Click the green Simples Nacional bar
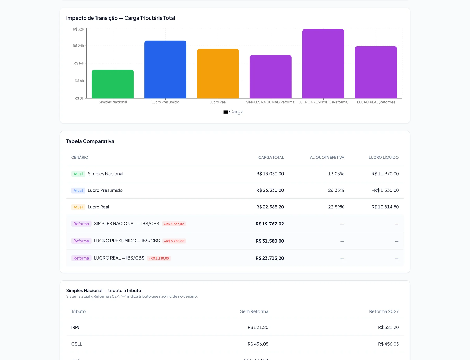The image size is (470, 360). click(113, 84)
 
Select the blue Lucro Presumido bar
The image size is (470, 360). click(165, 69)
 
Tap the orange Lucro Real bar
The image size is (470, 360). click(218, 74)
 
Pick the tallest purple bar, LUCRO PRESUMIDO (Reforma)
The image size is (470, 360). click(323, 64)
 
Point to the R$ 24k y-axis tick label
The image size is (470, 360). click(78, 46)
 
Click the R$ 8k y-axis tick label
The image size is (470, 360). click(79, 81)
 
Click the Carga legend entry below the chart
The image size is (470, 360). click(233, 112)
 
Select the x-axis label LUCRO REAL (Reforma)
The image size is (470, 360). click(376, 102)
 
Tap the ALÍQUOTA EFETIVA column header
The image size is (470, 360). click(327, 157)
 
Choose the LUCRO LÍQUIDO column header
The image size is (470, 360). click(384, 157)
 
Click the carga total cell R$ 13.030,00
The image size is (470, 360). click(270, 174)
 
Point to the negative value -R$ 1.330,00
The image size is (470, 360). click(385, 190)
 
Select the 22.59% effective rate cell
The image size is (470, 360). click(336, 207)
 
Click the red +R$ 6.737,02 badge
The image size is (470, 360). click(174, 224)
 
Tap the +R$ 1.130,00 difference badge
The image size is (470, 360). click(159, 258)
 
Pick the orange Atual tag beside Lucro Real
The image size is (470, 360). click(78, 207)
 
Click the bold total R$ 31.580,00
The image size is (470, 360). click(270, 241)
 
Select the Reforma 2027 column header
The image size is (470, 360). click(384, 311)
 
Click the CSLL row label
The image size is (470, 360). click(77, 344)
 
